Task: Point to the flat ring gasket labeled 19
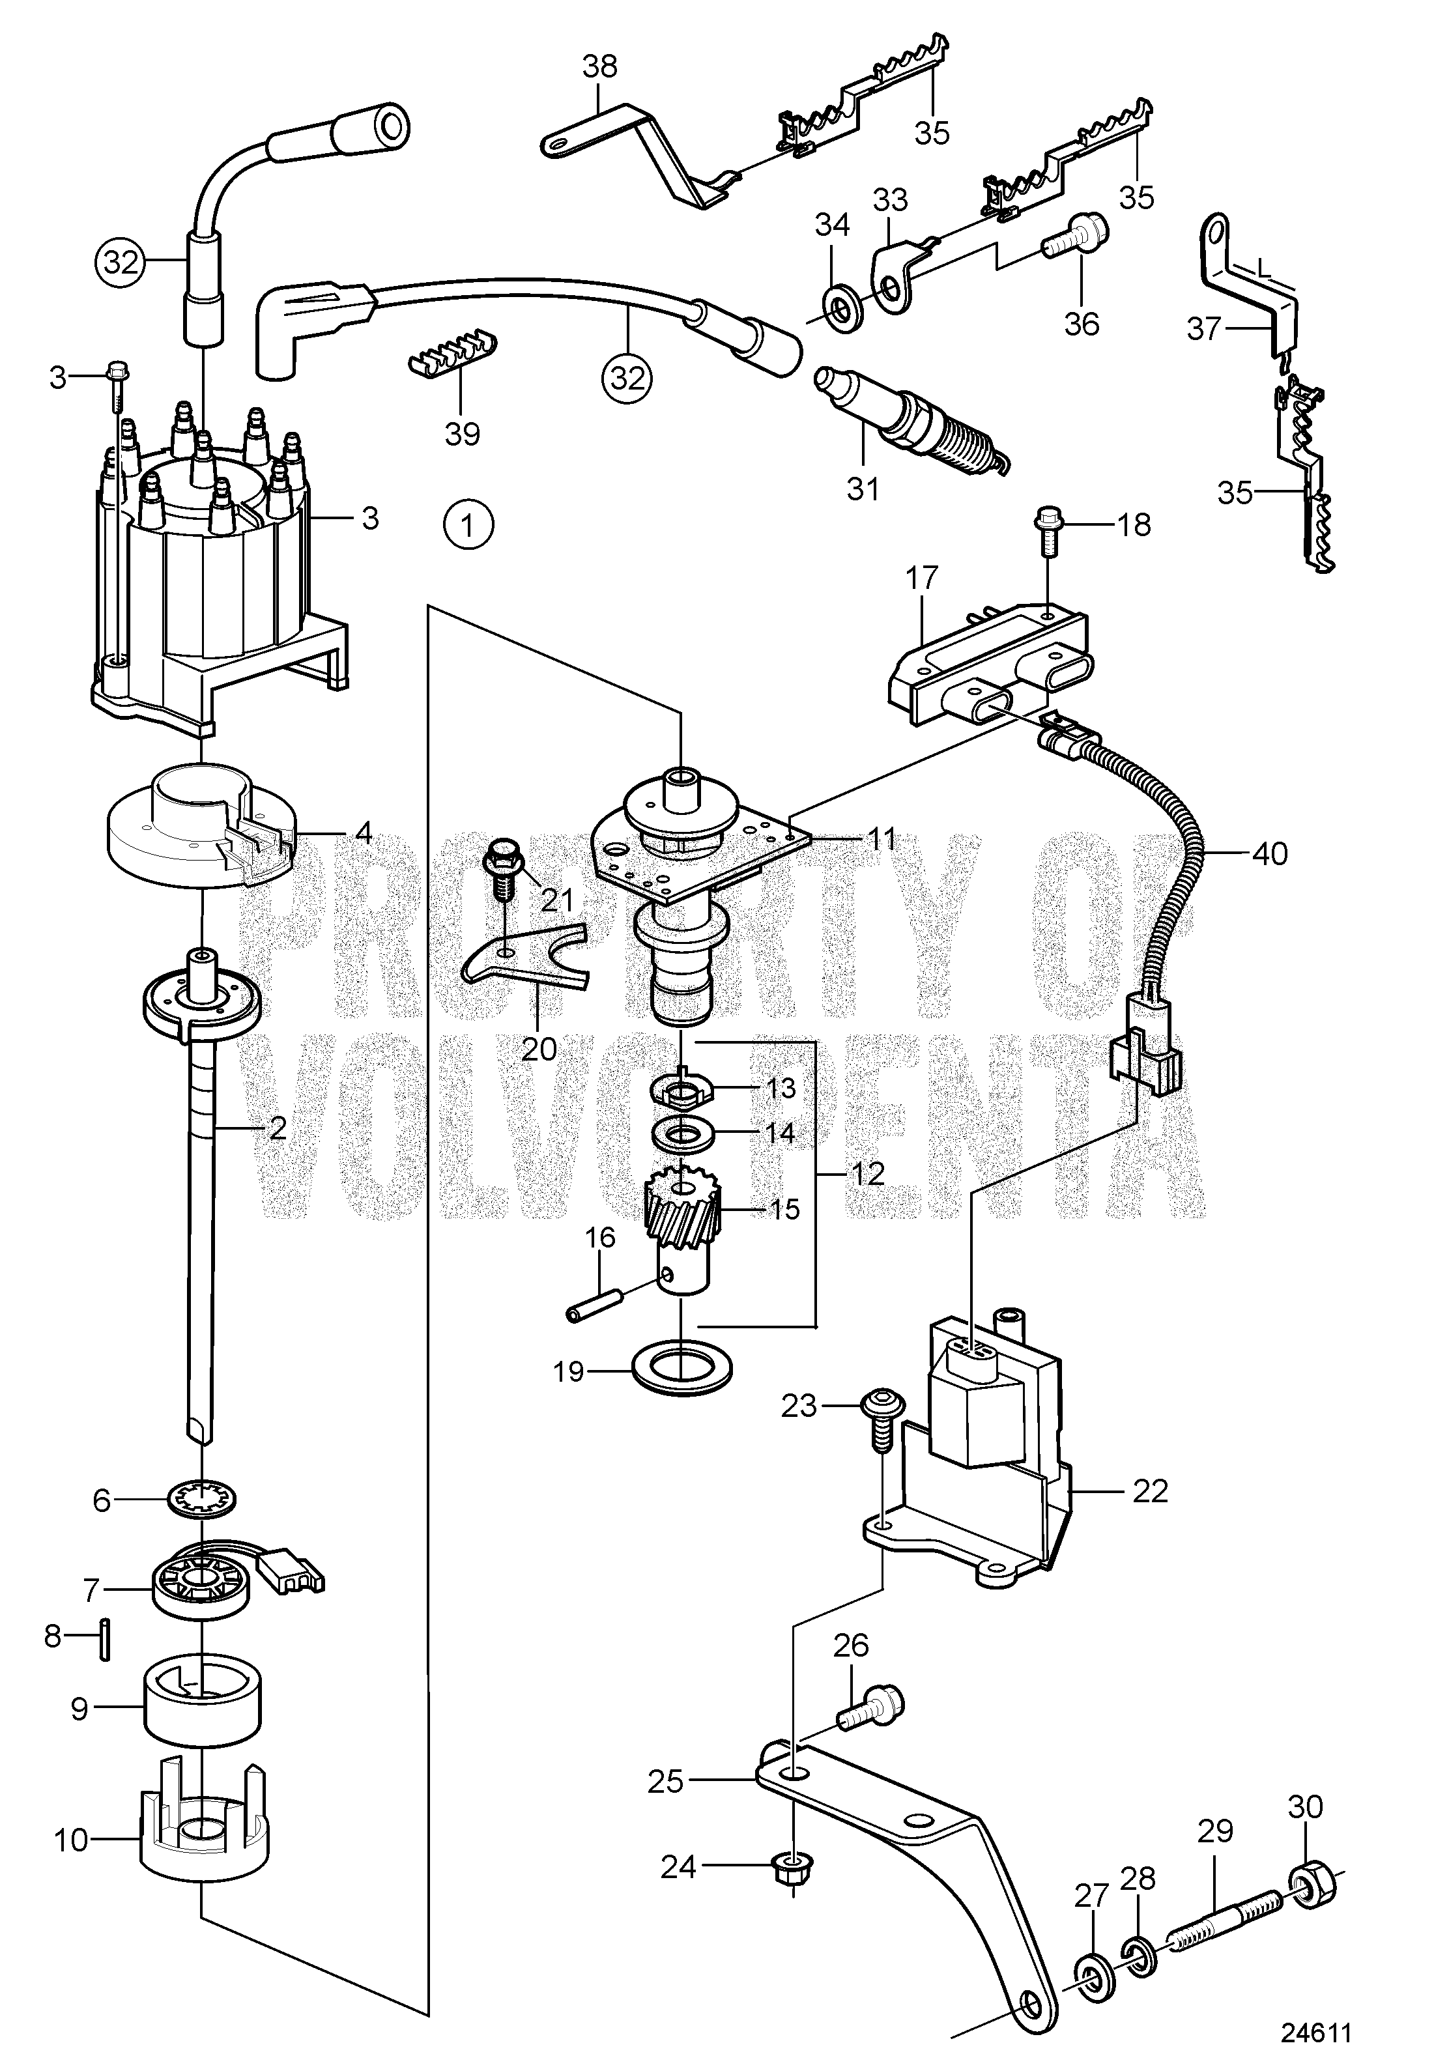(683, 1368)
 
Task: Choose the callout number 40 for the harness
(1269, 853)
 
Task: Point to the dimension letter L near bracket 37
(1262, 266)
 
